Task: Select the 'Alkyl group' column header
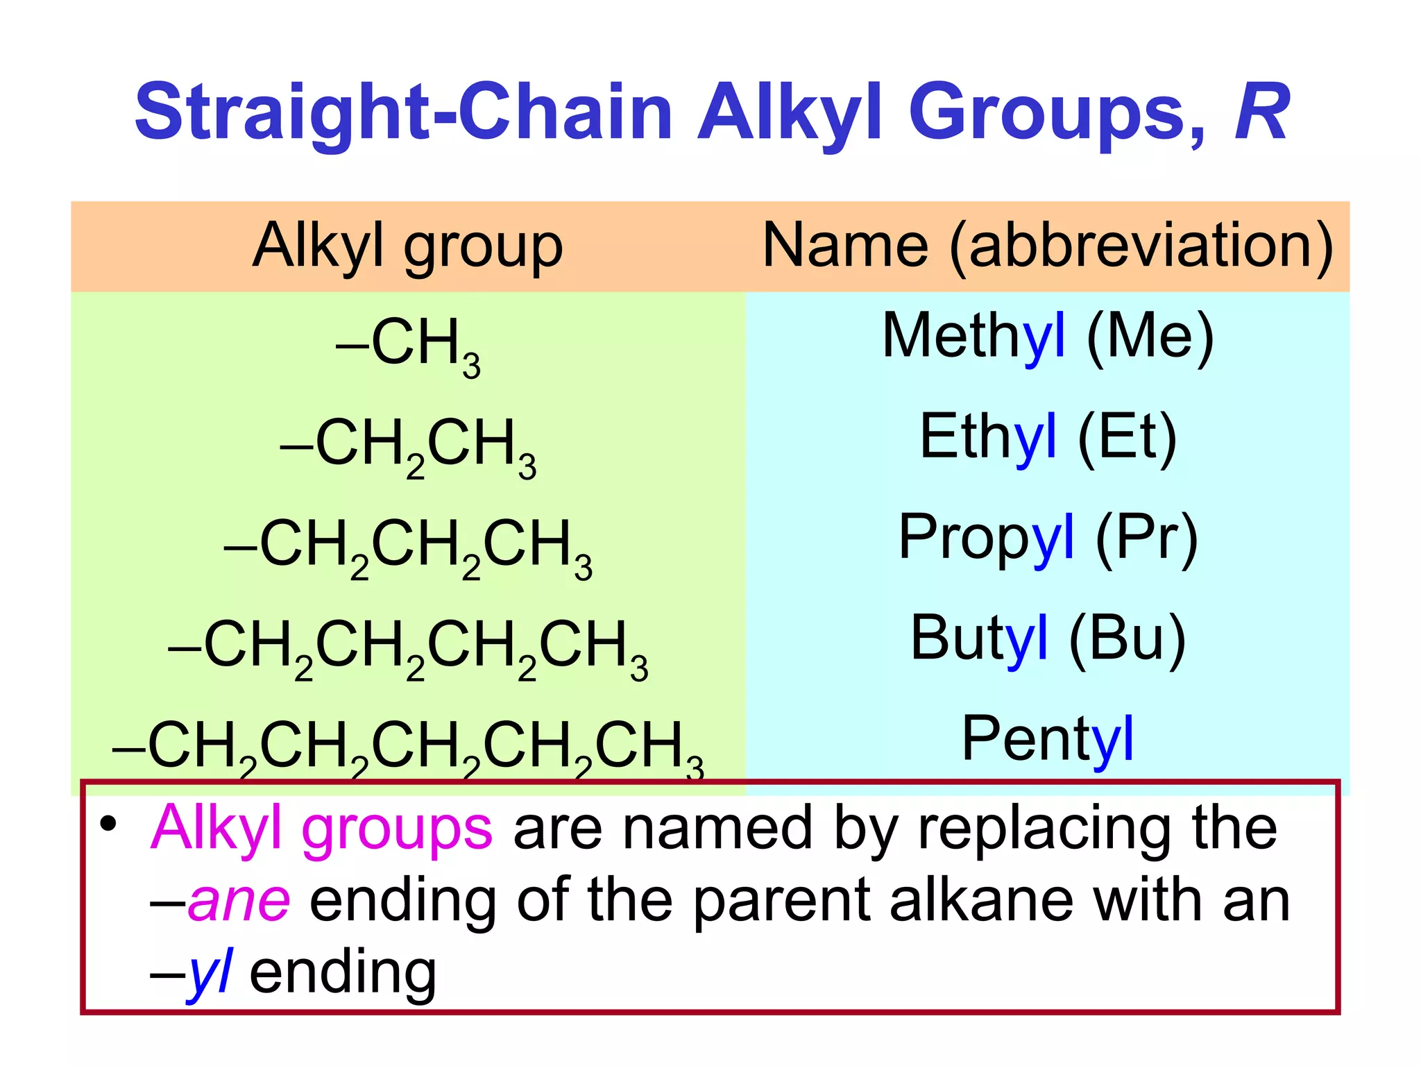point(407,246)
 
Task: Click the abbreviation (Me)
point(1150,337)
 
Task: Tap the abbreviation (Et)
point(1127,437)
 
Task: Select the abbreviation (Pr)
point(1146,538)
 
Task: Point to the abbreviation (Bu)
point(1127,638)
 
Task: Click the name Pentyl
point(1047,739)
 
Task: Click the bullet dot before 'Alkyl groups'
point(108,824)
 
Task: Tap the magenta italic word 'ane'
point(239,901)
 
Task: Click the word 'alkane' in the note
point(981,901)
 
